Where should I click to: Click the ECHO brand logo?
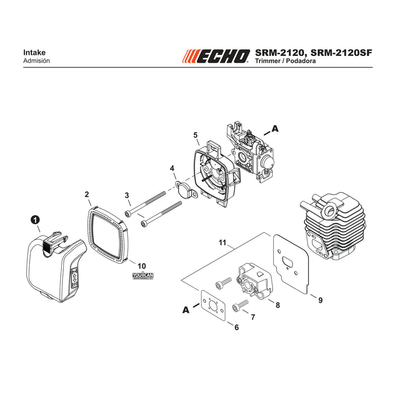216,56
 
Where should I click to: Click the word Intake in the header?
34,52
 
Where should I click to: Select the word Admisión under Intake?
36,61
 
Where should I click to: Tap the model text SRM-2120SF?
341,52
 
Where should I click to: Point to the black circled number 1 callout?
35,220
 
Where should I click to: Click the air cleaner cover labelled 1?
56,267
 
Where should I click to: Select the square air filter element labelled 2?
108,234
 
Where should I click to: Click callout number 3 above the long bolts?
127,195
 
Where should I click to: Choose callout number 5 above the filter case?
196,135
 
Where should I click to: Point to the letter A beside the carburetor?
275,129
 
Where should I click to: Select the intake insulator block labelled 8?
254,280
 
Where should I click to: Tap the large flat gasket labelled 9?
291,263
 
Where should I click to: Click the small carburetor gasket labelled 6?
213,305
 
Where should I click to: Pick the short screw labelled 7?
240,305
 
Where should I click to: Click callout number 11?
222,243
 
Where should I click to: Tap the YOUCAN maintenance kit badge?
143,275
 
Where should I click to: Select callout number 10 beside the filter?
142,266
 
